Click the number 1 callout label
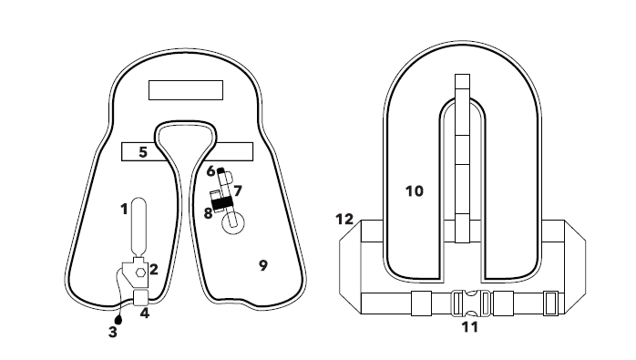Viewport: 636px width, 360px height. tap(124, 210)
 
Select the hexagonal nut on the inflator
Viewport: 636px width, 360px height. tap(140, 273)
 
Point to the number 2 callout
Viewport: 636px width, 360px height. tap(154, 270)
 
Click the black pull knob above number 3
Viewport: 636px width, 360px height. tap(118, 320)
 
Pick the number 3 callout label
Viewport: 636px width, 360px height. tap(113, 332)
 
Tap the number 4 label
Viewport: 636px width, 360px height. tap(145, 314)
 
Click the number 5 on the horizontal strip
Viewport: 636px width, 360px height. tap(143, 152)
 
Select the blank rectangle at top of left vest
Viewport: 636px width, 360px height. tap(186, 90)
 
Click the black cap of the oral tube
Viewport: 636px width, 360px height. tap(221, 170)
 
